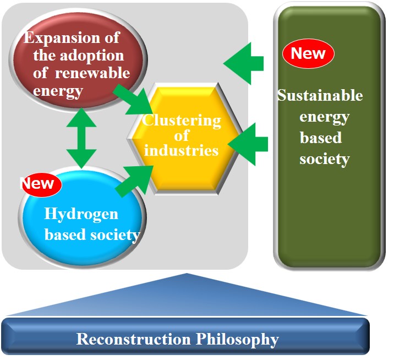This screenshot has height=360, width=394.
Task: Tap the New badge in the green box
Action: point(308,53)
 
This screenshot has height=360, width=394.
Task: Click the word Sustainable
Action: point(320,95)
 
